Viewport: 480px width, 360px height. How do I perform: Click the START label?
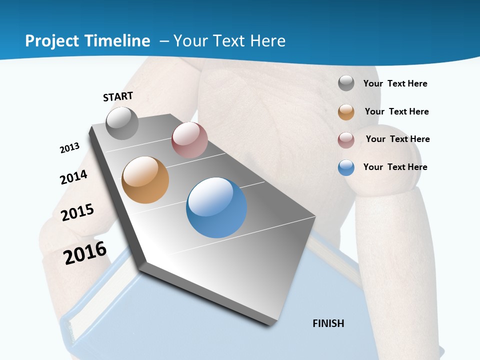[x=118, y=96]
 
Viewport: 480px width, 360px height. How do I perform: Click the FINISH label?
[x=328, y=323]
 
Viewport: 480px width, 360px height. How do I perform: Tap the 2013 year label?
[x=69, y=148]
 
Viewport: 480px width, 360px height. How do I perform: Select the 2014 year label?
[x=73, y=177]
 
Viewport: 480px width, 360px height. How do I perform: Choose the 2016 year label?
[x=85, y=253]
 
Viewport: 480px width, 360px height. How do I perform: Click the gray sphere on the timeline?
[x=122, y=123]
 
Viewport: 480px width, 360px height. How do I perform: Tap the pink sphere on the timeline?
[x=189, y=140]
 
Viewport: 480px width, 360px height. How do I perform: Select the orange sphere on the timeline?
[x=145, y=180]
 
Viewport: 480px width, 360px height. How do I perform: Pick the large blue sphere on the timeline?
[x=216, y=207]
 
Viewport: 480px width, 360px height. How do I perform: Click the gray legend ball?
[x=346, y=83]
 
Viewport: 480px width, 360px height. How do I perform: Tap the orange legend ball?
[x=346, y=112]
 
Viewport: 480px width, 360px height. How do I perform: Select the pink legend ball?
[x=346, y=140]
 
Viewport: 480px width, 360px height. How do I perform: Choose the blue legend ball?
[x=346, y=167]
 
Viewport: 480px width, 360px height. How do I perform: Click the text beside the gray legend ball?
[x=395, y=83]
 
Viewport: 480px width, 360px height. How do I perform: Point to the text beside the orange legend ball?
[x=396, y=111]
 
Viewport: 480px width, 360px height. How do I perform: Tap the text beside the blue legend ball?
[x=395, y=167]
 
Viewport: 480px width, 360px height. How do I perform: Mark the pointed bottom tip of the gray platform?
[x=272, y=324]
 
